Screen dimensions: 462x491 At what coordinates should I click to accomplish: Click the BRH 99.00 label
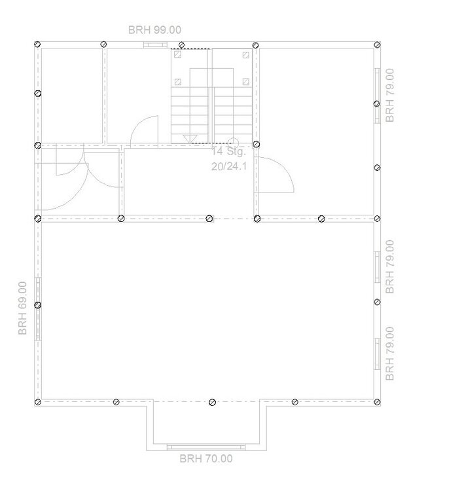click(154, 29)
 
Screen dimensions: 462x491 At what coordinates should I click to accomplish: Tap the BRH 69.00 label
click(22, 308)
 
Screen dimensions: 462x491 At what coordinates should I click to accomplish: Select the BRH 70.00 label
click(206, 458)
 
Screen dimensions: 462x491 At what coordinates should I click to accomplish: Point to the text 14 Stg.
click(228, 151)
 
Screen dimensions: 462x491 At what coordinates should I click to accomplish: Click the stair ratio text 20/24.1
click(229, 166)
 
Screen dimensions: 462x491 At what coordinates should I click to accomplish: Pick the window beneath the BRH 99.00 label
click(155, 45)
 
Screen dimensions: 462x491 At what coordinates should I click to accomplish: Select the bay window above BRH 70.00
click(206, 447)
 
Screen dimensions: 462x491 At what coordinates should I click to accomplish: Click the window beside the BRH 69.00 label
click(38, 309)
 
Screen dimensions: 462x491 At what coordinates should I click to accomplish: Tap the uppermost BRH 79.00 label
click(390, 96)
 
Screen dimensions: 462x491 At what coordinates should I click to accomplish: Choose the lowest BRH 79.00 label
click(390, 354)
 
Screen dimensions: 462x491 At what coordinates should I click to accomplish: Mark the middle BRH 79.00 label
click(390, 267)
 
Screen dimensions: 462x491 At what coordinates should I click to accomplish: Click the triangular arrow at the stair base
click(190, 139)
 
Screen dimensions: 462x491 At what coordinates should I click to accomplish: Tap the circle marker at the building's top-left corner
click(37, 44)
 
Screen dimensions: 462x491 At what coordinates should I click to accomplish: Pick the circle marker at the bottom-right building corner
click(377, 402)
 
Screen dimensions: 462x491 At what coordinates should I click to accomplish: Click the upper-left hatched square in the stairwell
click(177, 54)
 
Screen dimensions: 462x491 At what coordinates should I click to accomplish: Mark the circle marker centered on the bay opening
click(212, 402)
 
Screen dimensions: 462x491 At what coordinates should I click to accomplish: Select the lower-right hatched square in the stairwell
click(246, 82)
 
